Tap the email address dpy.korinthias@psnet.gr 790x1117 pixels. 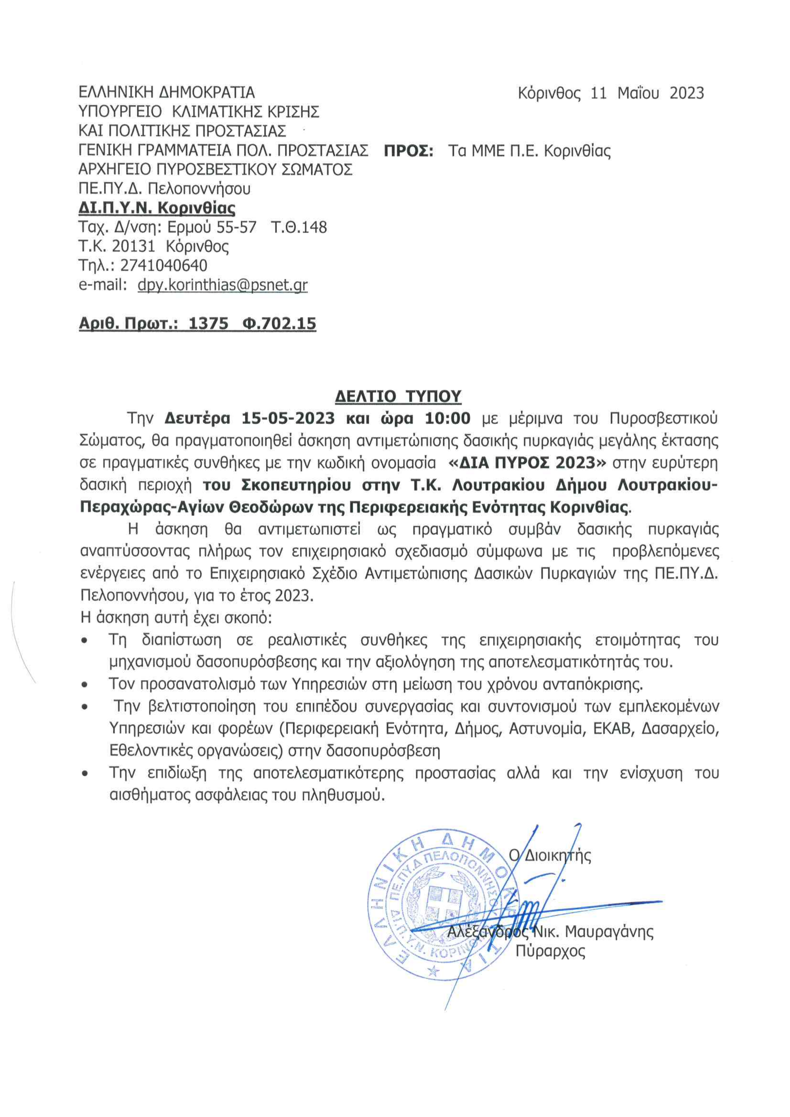[222, 285]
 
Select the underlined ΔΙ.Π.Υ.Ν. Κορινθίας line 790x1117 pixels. [157, 209]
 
